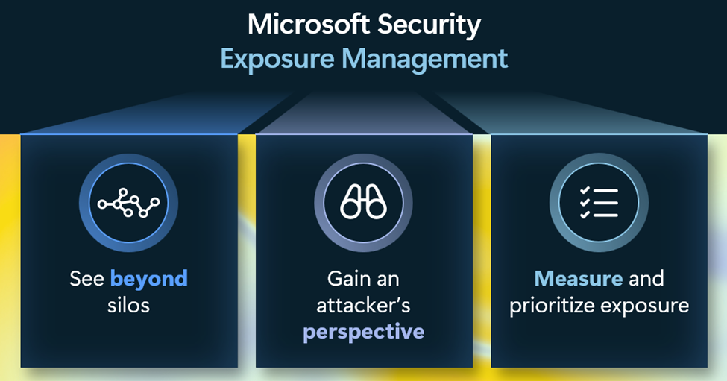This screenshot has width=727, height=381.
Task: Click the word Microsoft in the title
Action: coord(309,24)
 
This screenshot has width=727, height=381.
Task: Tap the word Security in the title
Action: coord(429,26)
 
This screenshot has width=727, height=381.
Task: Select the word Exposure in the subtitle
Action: coord(277,60)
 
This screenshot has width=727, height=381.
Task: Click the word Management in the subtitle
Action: coord(425,60)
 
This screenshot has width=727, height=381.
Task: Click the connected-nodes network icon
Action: coord(128,203)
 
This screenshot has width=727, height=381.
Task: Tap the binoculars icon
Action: coord(364,202)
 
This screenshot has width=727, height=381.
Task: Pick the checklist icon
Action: coord(599,203)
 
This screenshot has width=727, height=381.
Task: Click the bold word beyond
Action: coord(149,279)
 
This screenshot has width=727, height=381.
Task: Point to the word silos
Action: coord(128,306)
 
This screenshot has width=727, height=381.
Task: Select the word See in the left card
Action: coord(86,279)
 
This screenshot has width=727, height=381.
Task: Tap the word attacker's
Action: coord(364,306)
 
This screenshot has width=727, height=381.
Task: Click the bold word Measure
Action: coord(578,279)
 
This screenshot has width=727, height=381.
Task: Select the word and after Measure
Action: coord(646,279)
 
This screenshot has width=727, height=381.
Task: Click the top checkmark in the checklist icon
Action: coord(585,190)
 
